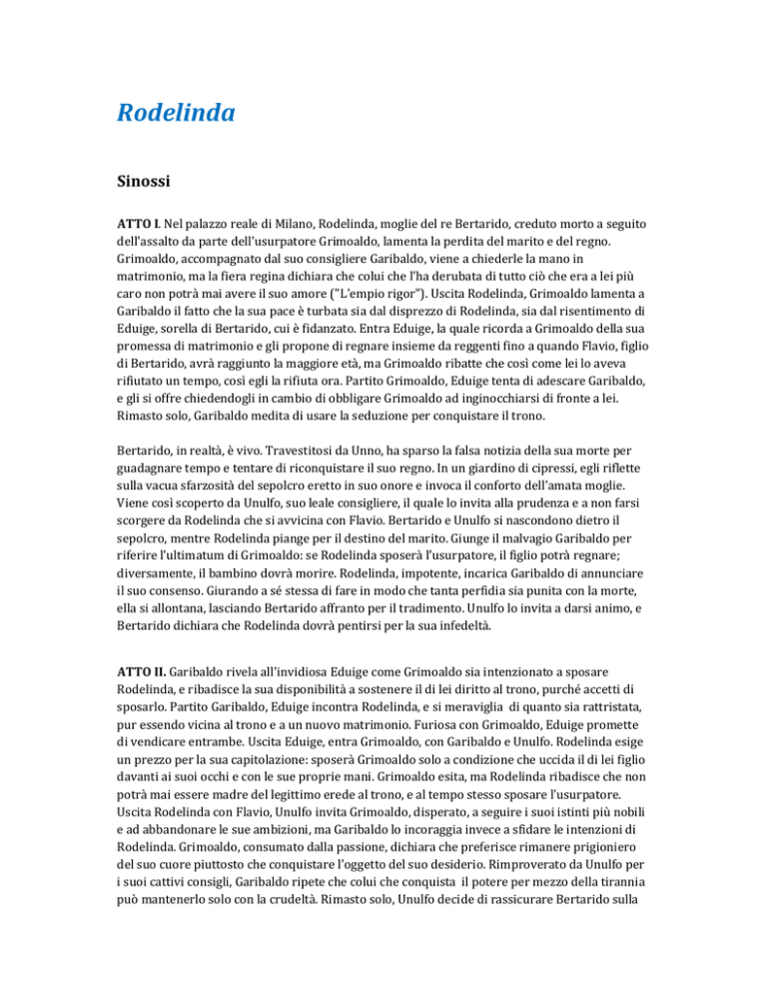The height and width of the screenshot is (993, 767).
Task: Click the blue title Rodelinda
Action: [175, 113]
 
